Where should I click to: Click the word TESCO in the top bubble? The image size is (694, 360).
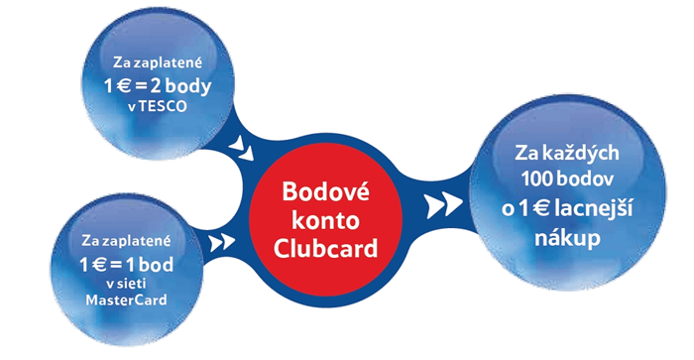coord(165,106)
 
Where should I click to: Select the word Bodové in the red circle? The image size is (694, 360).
coord(312,191)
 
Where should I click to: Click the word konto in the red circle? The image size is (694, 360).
coord(312,220)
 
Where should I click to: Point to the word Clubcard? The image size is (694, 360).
coord(312,249)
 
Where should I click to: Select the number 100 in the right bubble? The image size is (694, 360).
coord(540,183)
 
